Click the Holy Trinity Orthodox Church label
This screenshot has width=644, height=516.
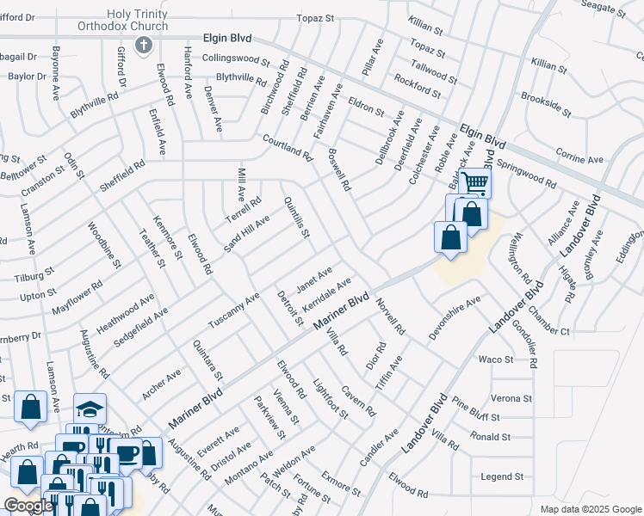143,21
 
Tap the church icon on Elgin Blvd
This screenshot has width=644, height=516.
144,45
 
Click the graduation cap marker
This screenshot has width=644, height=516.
89,408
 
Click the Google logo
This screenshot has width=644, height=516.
28,506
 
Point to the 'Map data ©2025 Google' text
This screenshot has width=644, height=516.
591,509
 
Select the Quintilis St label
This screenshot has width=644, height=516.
296,218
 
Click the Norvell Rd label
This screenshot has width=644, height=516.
390,316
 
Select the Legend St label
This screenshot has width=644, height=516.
502,476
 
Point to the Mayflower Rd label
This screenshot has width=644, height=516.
77,296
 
